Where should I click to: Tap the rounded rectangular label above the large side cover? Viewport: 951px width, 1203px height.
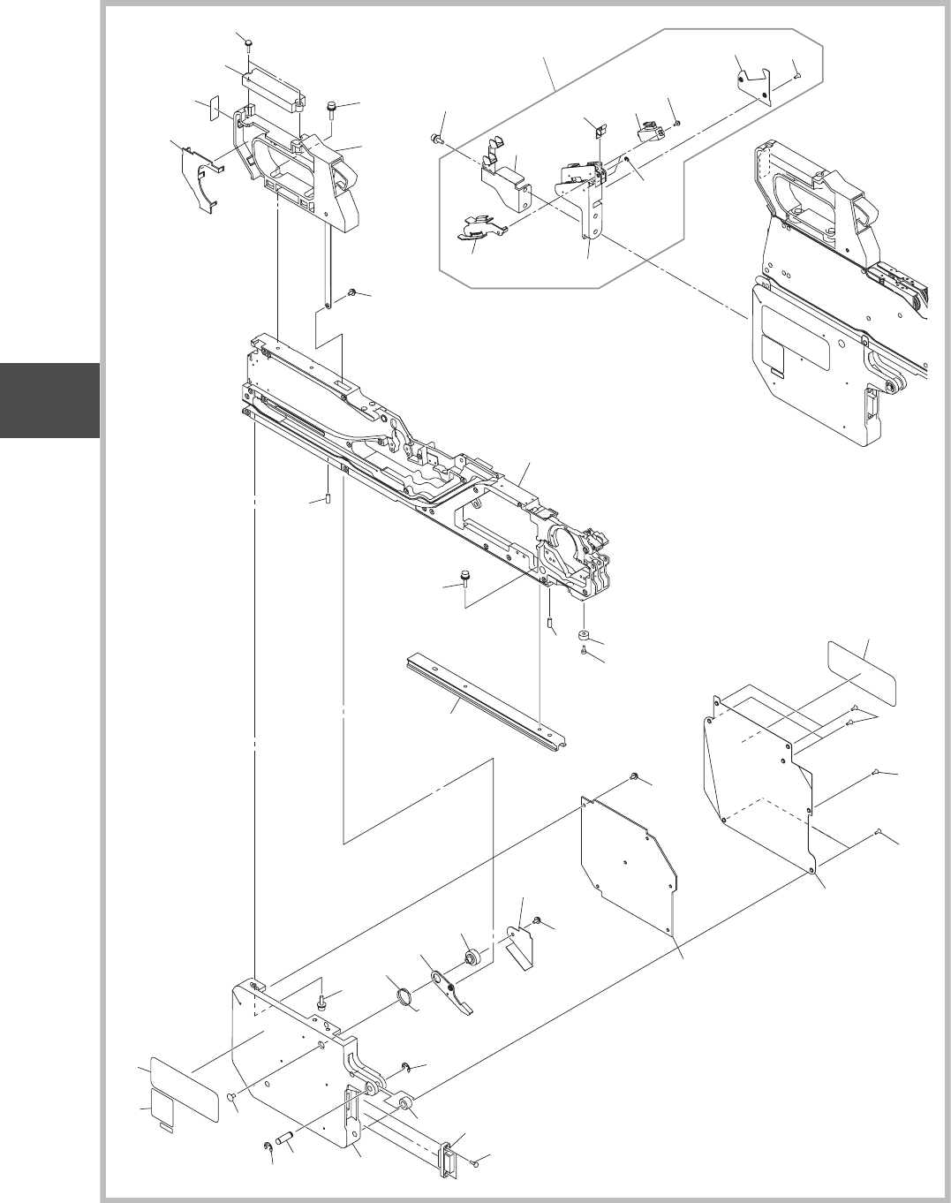coord(861,674)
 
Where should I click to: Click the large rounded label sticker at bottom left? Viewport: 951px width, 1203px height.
coord(185,1089)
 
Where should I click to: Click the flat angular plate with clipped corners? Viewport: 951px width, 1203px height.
coord(629,861)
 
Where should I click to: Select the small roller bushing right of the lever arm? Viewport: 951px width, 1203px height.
coord(472,957)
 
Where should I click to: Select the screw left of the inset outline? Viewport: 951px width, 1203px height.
coord(436,138)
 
